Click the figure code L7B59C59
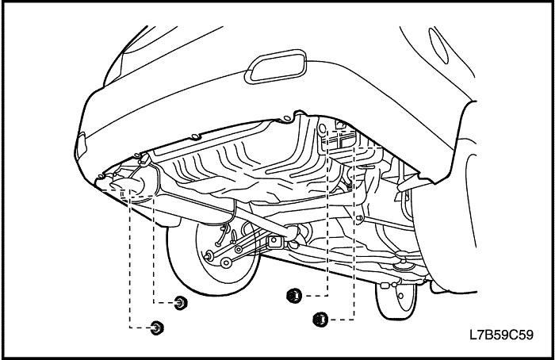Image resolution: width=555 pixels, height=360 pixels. coord(501,335)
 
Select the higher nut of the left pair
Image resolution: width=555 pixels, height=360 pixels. coord(181,303)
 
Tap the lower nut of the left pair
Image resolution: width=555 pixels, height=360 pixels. coord(156,327)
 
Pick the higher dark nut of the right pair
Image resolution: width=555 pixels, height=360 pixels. coord(294,295)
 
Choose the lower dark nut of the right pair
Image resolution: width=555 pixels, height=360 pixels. coord(320,320)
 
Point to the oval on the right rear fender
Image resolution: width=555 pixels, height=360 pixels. coord(438,46)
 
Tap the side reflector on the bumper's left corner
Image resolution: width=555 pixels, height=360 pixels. coord(81,144)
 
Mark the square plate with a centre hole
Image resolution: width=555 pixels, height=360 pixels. coord(274,243)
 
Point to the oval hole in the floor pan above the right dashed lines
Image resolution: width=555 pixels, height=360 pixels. coord(323,128)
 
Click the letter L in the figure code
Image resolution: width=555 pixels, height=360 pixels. coord(473,335)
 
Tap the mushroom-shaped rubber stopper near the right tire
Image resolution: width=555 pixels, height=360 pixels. coord(403,257)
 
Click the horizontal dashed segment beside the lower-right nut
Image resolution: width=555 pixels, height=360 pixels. coord(342,320)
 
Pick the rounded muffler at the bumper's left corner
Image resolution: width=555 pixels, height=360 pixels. coord(129,186)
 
